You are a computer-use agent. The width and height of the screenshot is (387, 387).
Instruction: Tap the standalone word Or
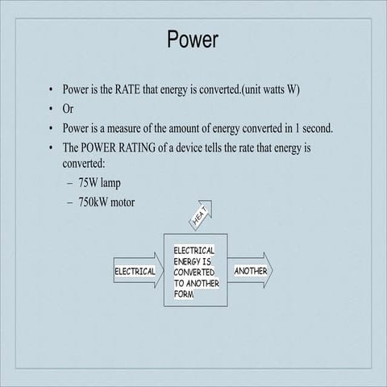click(x=69, y=109)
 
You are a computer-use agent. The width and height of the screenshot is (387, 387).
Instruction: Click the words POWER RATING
click(x=134, y=148)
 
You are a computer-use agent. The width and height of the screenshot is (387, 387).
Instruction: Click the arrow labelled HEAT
click(x=200, y=213)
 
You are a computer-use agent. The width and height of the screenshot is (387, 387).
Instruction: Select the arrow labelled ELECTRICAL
click(x=135, y=271)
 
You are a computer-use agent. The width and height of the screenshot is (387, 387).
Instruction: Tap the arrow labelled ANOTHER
click(x=252, y=271)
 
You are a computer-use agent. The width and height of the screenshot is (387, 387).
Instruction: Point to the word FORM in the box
click(x=184, y=294)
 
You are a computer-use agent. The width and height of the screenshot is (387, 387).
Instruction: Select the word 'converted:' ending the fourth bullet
click(x=86, y=163)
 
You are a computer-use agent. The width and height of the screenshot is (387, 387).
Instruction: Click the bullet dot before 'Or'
click(x=51, y=109)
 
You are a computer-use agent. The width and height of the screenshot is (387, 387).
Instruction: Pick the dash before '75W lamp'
click(x=70, y=184)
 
